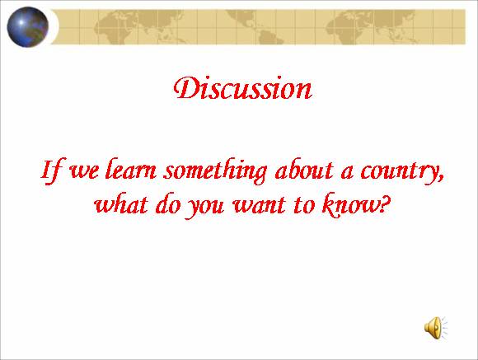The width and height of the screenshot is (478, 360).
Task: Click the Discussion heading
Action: click(242, 88)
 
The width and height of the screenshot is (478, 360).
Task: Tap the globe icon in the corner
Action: click(28, 27)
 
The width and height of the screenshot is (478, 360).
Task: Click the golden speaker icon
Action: click(436, 328)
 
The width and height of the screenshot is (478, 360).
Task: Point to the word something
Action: click(215, 171)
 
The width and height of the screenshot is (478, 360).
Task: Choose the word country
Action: click(400, 171)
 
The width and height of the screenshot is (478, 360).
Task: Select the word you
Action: click(204, 207)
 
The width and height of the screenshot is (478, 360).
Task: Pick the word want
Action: click(259, 205)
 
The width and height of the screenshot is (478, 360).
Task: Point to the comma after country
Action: click(441, 178)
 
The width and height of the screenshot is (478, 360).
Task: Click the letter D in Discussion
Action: click(186, 88)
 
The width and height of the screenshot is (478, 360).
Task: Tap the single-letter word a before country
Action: click(347, 173)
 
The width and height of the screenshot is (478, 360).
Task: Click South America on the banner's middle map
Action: click(268, 36)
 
